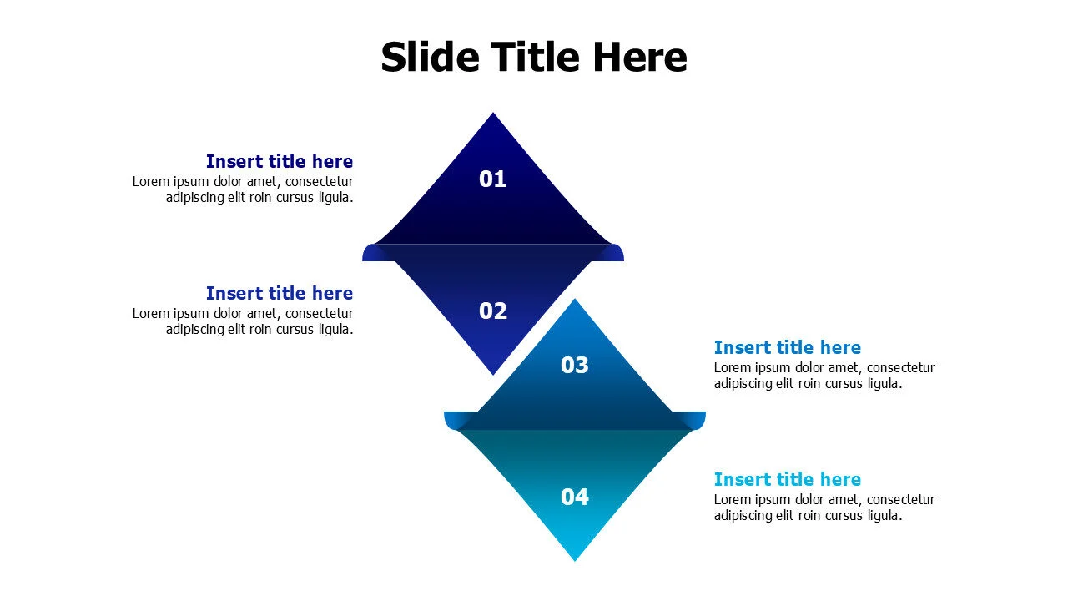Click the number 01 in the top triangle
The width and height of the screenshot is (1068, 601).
click(492, 179)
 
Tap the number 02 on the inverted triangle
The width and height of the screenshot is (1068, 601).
click(492, 311)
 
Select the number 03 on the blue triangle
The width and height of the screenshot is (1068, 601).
click(574, 365)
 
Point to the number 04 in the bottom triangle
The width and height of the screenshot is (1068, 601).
click(574, 497)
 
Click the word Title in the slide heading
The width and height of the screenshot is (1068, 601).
click(534, 57)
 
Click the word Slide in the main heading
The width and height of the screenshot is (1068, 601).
click(429, 57)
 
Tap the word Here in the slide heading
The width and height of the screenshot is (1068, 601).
click(639, 57)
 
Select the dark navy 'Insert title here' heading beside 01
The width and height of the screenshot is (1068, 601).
click(279, 161)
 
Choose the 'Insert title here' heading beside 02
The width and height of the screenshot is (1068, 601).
click(279, 293)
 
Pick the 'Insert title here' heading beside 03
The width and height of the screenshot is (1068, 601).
click(787, 347)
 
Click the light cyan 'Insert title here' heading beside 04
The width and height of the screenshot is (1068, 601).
click(787, 479)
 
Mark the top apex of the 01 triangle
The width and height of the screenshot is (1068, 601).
click(493, 114)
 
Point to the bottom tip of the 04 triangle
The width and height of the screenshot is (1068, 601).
click(575, 558)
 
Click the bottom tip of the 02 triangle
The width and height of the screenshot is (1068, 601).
click(493, 373)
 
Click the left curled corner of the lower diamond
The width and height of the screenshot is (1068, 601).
click(451, 420)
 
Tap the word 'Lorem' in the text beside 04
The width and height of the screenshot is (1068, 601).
click(733, 499)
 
